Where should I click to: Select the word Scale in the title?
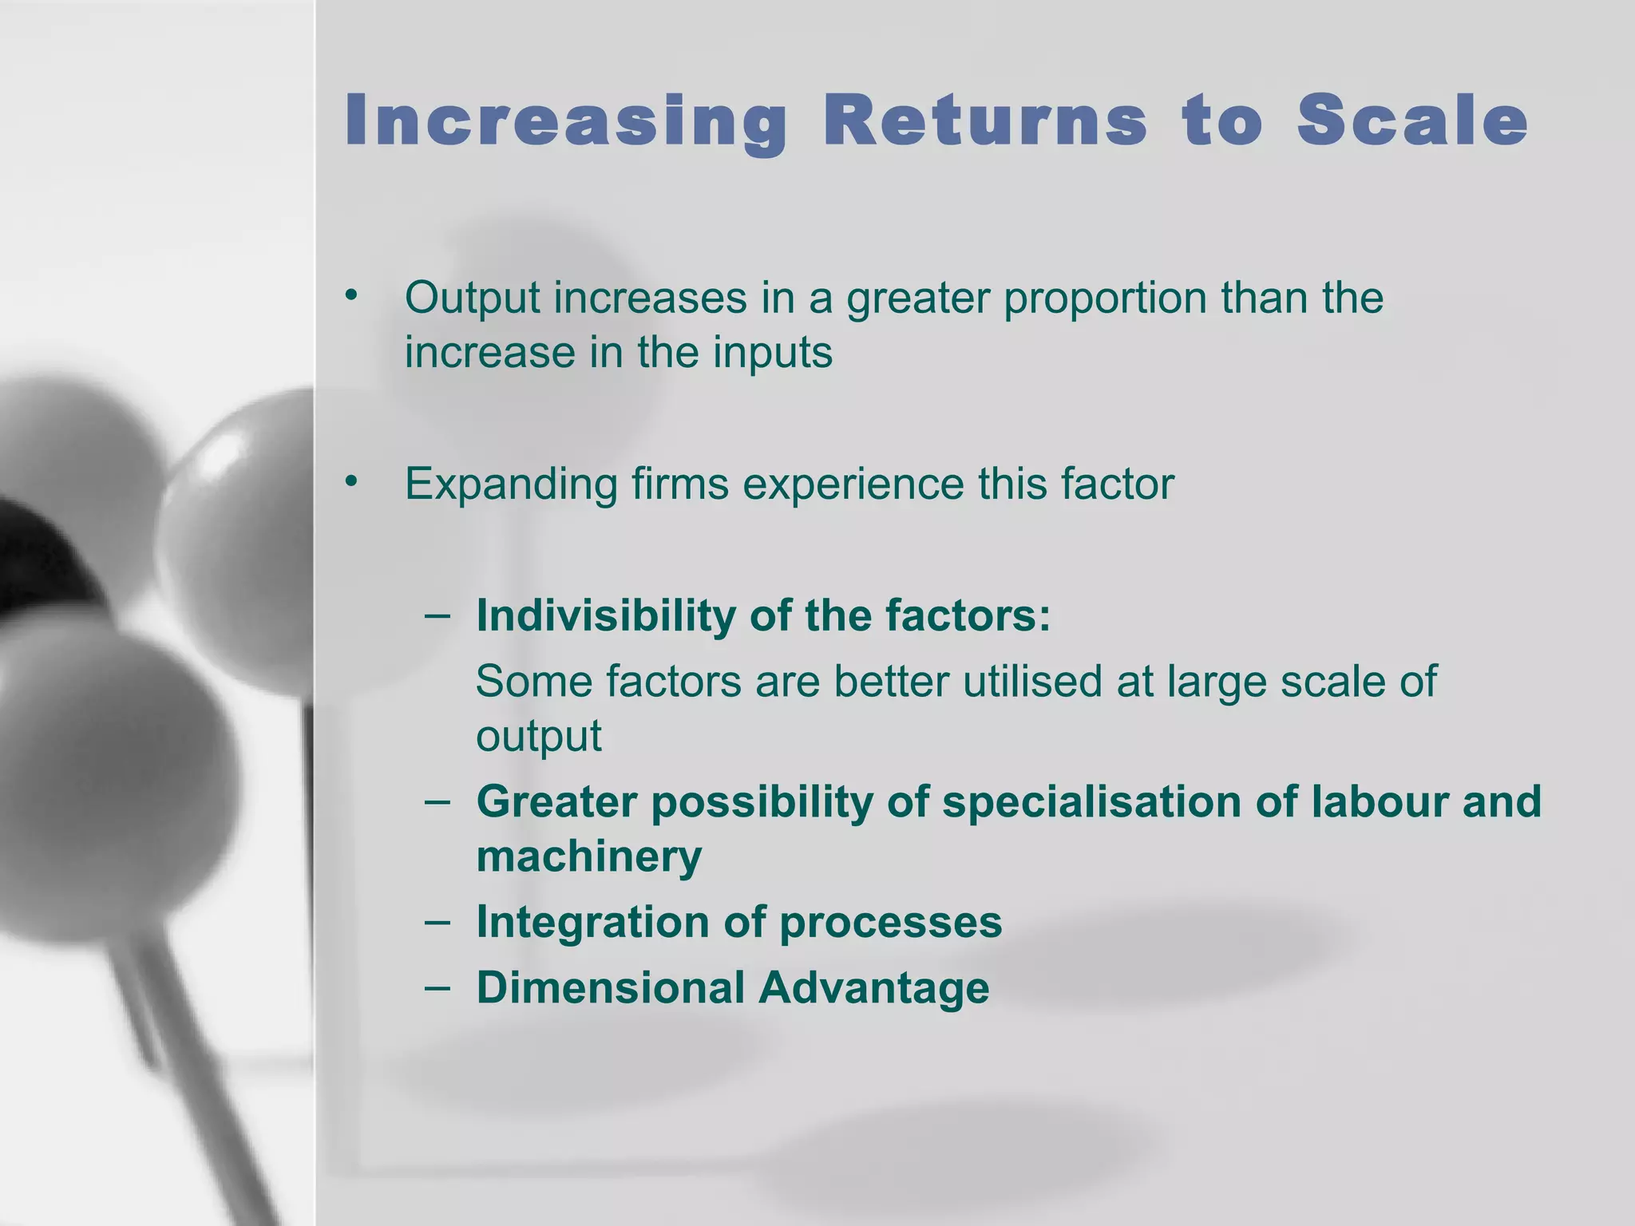point(1411,121)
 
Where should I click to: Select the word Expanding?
point(511,484)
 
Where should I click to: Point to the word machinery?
point(588,856)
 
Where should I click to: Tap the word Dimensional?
point(611,987)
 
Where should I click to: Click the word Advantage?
point(873,988)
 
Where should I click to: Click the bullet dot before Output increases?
point(351,296)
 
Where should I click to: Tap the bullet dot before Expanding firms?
point(351,482)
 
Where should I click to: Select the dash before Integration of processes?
point(437,921)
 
